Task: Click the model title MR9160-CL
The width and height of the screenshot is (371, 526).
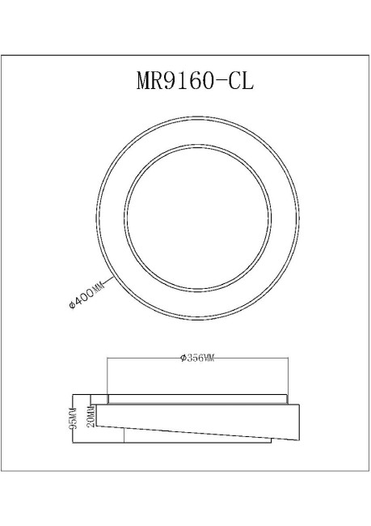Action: pos(186,82)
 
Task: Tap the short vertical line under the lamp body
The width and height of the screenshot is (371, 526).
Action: pos(124,435)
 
